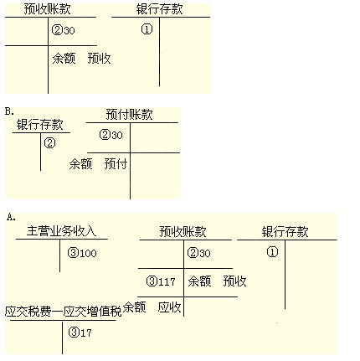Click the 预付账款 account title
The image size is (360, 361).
[x=129, y=115]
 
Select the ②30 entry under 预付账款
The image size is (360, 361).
[x=111, y=135]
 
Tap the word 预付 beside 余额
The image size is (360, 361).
[x=116, y=163]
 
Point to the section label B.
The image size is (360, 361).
[x=9, y=111]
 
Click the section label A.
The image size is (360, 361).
[x=11, y=217]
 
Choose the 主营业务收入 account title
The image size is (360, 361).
[x=61, y=231]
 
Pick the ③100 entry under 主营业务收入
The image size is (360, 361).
[x=82, y=253]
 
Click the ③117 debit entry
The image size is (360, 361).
[x=161, y=281]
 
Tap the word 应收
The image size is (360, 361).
[x=169, y=307]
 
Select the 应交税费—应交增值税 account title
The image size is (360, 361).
[x=64, y=312]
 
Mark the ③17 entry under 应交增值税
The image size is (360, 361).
[x=80, y=333]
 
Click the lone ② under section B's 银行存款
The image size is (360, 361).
[x=49, y=143]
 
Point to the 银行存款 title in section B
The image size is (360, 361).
[x=39, y=125]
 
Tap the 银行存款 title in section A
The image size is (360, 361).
[x=285, y=232]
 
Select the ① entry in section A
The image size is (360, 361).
[x=272, y=252]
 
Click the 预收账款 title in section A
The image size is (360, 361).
[x=183, y=232]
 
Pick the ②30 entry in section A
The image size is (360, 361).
[x=198, y=253]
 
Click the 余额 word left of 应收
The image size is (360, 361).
[x=135, y=307]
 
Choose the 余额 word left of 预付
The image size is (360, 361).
[x=80, y=163]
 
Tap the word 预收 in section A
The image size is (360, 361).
[x=234, y=281]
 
